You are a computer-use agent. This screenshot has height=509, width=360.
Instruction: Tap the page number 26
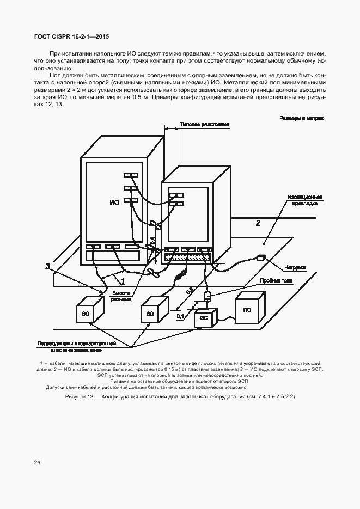pyautogui.click(x=37, y=462)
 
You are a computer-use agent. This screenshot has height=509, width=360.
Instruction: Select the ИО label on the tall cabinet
pyautogui.click(x=114, y=203)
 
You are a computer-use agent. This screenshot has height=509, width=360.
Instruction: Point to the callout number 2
pyautogui.click(x=258, y=223)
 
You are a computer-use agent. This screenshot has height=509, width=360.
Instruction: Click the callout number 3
pyautogui.click(x=48, y=266)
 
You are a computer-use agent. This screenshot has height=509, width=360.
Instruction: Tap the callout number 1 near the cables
pyautogui.click(x=123, y=281)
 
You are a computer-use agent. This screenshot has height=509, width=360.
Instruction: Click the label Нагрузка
pyautogui.click(x=295, y=267)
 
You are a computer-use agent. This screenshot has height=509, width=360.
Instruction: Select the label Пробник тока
pyautogui.click(x=279, y=281)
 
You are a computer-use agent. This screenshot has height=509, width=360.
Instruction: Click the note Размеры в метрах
pyautogui.click(x=301, y=118)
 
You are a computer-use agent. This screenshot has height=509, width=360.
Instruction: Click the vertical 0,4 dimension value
pyautogui.click(x=153, y=240)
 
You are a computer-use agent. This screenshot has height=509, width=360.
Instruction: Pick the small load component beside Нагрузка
pyautogui.click(x=260, y=257)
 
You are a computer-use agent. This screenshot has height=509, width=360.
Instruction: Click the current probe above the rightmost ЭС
pyautogui.click(x=207, y=296)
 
